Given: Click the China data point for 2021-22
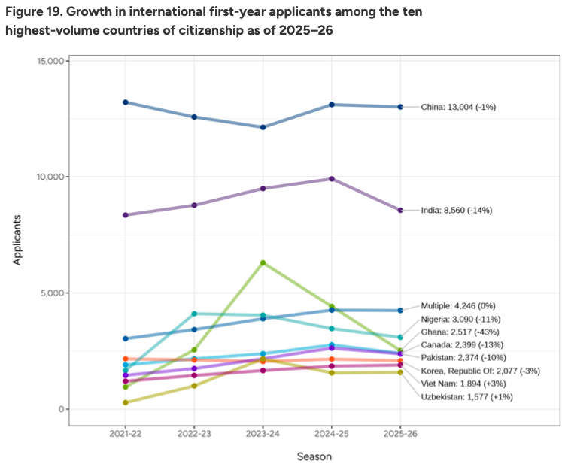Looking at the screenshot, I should (126, 102).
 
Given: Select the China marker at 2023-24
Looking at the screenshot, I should (263, 127).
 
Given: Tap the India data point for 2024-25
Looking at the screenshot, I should (332, 179).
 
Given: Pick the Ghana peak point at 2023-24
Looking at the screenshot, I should (263, 262).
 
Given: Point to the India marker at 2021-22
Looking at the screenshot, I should (126, 215).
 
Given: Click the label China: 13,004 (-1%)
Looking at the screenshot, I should (458, 107).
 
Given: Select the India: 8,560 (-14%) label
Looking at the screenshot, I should (457, 210).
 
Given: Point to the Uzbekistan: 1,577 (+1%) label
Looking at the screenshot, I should (467, 396).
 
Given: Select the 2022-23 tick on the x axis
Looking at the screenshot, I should (194, 435).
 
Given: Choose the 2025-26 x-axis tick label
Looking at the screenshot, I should (400, 435).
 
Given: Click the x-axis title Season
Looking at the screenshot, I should (314, 456).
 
